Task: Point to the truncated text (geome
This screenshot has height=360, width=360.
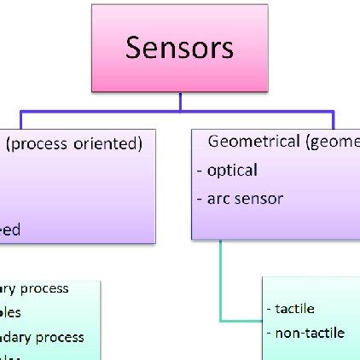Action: [330, 142]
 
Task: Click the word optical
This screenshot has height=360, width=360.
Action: [232, 170]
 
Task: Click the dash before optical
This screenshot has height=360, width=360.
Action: [200, 171]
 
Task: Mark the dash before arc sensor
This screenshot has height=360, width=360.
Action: [200, 199]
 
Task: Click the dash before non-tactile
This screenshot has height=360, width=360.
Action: [270, 333]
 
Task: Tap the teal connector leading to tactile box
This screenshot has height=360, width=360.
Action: [222, 282]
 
